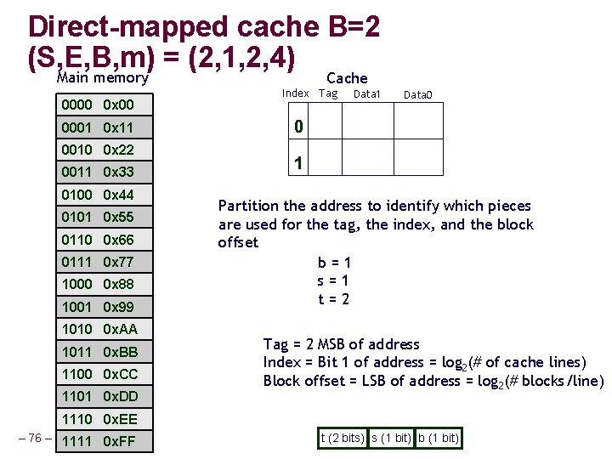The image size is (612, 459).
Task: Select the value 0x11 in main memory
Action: click(118, 127)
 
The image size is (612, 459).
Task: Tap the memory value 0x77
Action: click(118, 261)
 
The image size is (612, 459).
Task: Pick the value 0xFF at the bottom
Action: click(118, 441)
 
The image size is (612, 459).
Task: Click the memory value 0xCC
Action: click(119, 374)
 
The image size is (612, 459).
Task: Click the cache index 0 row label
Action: click(298, 127)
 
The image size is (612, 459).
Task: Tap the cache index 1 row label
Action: click(298, 163)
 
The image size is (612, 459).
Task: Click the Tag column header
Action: click(328, 93)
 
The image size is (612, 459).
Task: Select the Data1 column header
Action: click(366, 93)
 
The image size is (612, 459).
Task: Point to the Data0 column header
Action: click(417, 95)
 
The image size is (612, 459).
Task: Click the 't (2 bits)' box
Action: click(343, 439)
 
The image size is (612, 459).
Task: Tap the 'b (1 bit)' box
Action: click(439, 439)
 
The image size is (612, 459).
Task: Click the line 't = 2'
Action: click(333, 299)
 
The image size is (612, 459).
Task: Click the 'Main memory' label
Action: click(102, 78)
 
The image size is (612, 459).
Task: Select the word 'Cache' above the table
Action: click(347, 78)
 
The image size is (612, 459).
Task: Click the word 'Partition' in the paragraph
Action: click(247, 206)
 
